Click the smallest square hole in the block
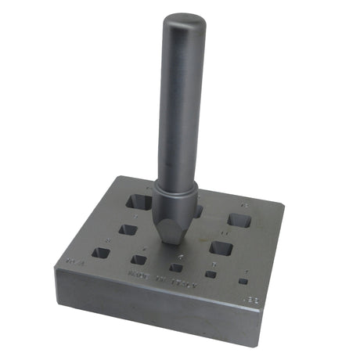point(244,281)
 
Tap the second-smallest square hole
point(211,274)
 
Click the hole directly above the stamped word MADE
point(139,259)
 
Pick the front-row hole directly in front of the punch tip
point(177,268)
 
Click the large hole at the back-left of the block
point(140,201)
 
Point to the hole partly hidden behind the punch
point(198,211)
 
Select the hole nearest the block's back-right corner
point(239,221)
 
